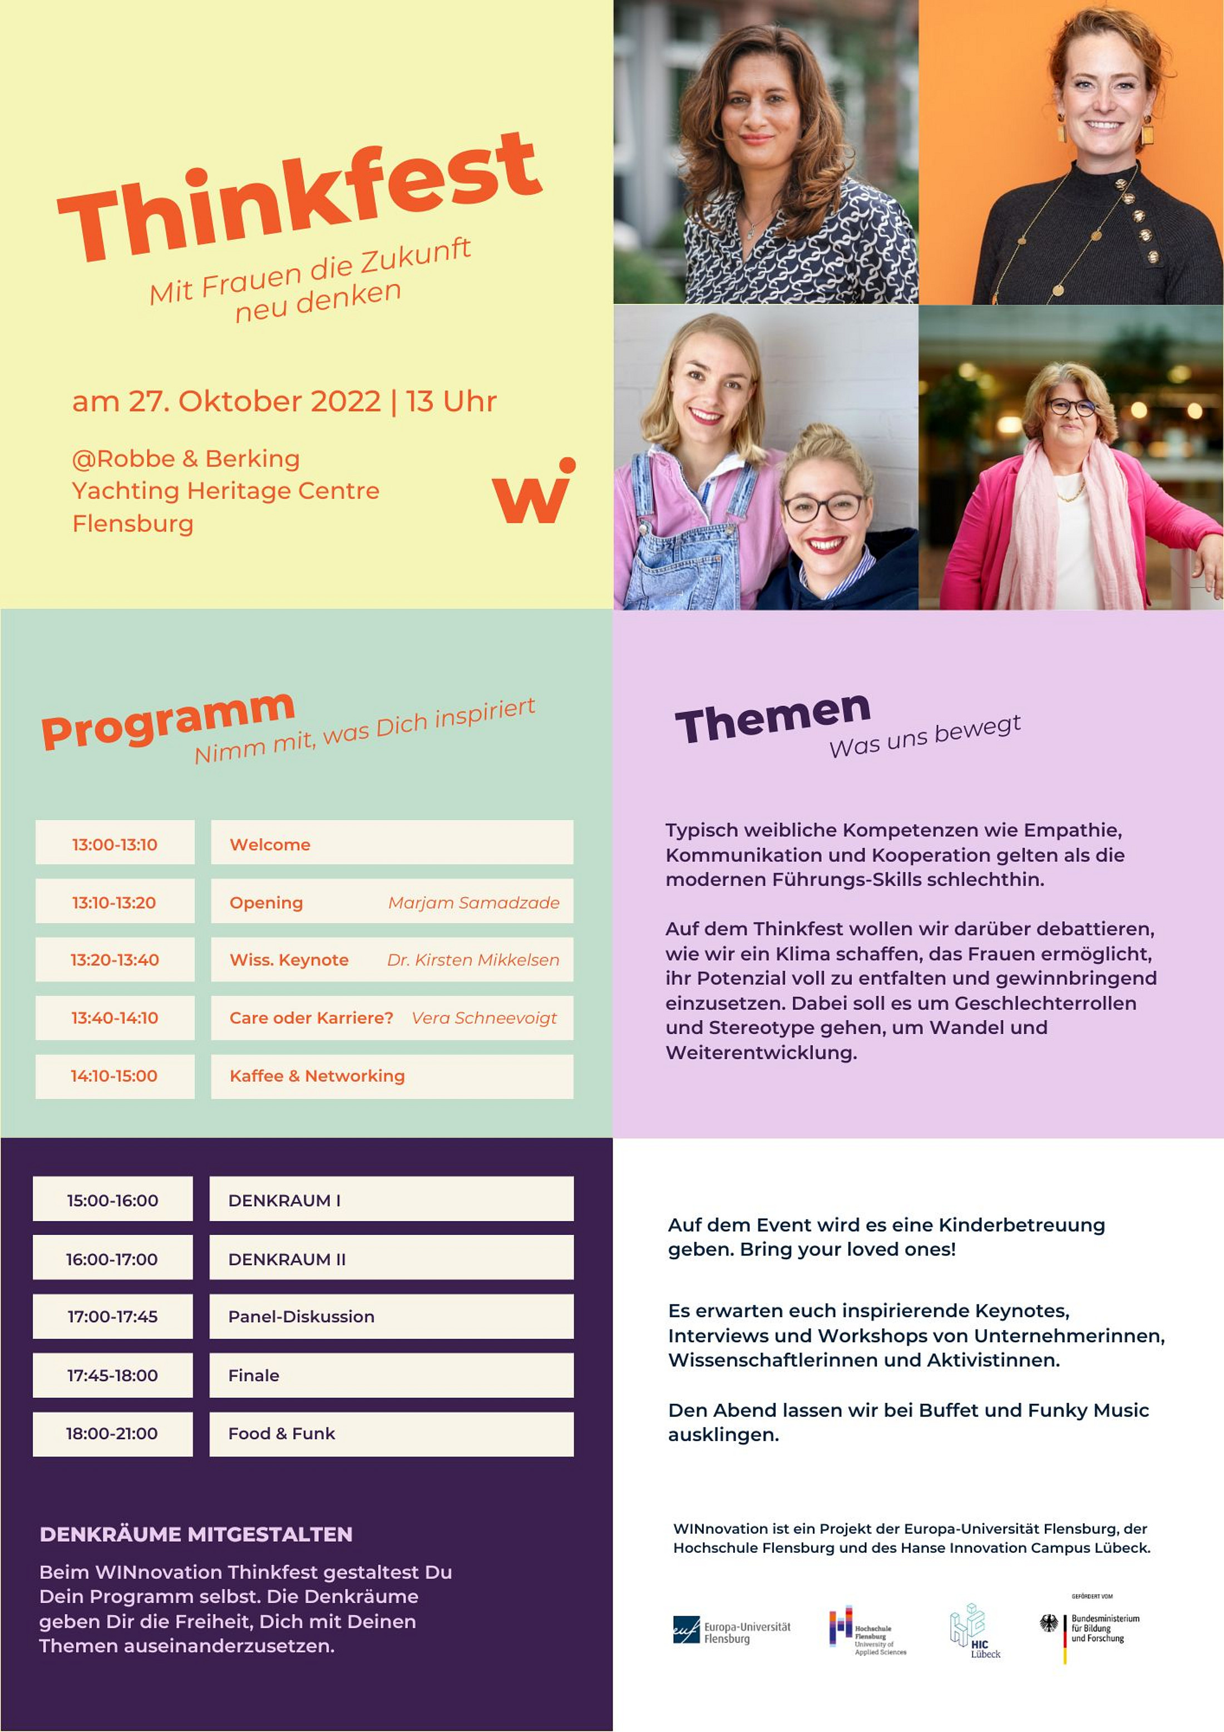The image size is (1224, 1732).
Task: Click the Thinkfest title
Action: pos(299,198)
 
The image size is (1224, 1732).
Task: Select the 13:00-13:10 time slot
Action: pos(115,844)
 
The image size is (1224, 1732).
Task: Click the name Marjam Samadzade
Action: pos(473,902)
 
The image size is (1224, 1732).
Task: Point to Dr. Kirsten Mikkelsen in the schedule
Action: pos(473,960)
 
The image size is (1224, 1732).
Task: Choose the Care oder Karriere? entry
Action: pos(312,1017)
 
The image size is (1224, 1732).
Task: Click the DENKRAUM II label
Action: pos(287,1259)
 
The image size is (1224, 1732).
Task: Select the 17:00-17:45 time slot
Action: pos(112,1316)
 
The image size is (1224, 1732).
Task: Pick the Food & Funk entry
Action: pos(282,1433)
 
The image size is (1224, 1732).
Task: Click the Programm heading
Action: pos(167,720)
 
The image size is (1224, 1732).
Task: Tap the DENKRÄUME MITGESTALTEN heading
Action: pos(196,1534)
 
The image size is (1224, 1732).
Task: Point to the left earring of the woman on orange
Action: pos(1061,130)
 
